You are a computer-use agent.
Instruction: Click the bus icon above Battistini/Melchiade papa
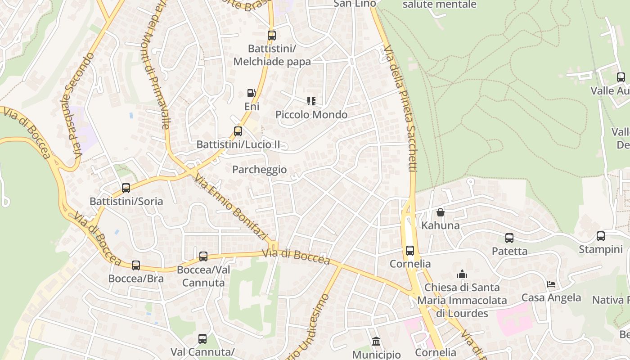[272, 35]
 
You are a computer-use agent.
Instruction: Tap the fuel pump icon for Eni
[251, 93]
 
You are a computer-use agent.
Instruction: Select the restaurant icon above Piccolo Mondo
[311, 101]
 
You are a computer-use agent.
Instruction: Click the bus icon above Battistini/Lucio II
[238, 131]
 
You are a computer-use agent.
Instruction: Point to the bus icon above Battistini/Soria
[126, 188]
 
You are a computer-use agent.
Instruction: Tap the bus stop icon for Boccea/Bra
[136, 265]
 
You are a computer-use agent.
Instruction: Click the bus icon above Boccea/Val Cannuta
[203, 256]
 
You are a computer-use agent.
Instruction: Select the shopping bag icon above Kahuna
[441, 212]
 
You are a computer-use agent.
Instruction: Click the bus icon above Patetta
[509, 238]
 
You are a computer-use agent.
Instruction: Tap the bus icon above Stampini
[601, 236]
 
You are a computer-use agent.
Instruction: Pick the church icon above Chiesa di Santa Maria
[462, 274]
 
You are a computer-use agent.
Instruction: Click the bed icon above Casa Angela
[551, 284]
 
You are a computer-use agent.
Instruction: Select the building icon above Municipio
[377, 342]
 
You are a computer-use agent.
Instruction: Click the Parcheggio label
[259, 170]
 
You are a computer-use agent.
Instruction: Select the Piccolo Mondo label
[311, 115]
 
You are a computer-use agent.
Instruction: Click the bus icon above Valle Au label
[621, 77]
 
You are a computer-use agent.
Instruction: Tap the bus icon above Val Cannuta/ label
[202, 338]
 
